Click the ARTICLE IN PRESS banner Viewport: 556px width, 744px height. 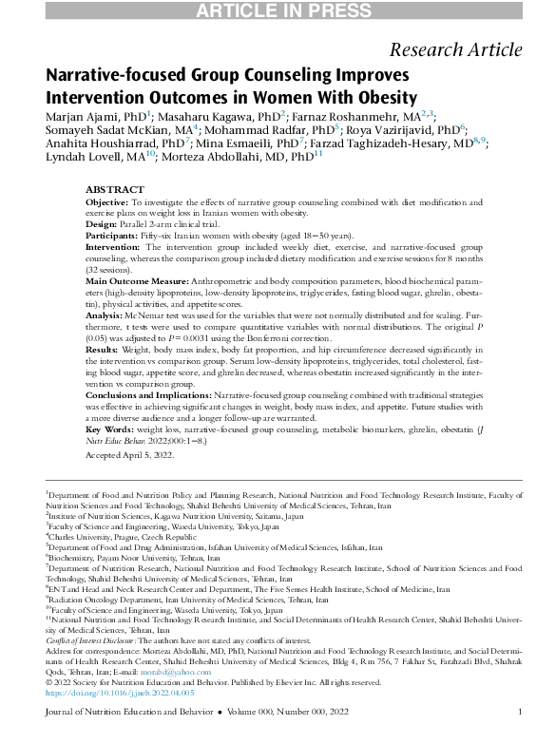coord(278,10)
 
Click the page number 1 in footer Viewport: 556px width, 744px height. coord(520,714)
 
